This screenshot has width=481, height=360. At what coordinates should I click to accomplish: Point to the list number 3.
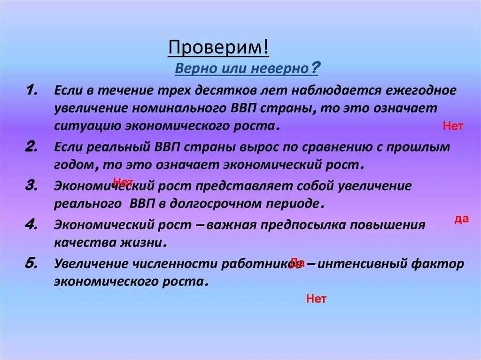(32, 185)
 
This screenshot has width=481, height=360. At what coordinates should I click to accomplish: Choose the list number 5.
(32, 263)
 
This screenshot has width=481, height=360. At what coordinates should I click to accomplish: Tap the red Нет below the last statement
(316, 299)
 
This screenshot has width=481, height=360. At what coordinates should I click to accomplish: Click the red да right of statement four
(462, 219)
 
